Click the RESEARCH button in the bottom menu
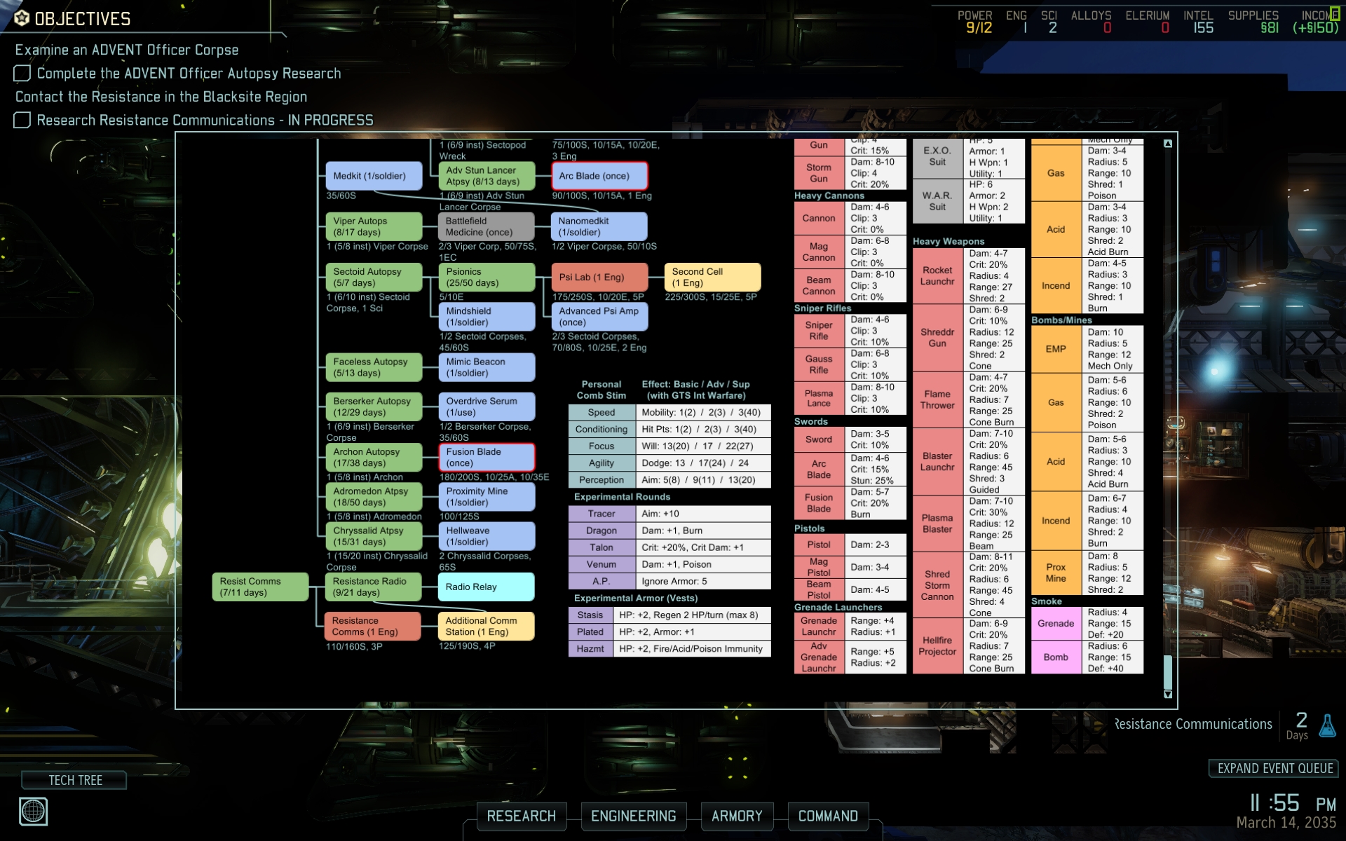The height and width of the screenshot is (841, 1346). [521, 816]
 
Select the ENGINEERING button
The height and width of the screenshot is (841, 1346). [633, 816]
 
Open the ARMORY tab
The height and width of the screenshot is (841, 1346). [737, 816]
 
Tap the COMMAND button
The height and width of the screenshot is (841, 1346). [828, 816]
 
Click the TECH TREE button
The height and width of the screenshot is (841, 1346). [74, 780]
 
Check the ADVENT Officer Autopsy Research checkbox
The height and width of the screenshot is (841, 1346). [22, 74]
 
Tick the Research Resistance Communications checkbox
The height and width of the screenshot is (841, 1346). [22, 121]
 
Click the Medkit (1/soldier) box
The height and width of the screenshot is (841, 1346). [374, 176]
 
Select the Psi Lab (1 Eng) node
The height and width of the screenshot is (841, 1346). [599, 278]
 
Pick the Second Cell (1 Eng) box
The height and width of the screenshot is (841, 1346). [712, 278]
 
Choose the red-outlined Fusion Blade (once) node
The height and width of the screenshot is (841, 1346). [486, 457]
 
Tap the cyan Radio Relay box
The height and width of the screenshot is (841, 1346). [486, 587]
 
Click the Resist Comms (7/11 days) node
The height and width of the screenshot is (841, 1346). [260, 587]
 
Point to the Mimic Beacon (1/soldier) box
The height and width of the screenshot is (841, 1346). [486, 367]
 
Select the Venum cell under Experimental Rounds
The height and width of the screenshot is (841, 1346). [601, 564]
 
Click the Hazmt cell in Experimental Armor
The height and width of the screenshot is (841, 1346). [590, 649]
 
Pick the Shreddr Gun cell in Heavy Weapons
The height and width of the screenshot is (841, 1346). [937, 338]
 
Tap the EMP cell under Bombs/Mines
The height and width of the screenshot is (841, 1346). [1056, 349]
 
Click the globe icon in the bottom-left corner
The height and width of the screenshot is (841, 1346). [33, 812]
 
